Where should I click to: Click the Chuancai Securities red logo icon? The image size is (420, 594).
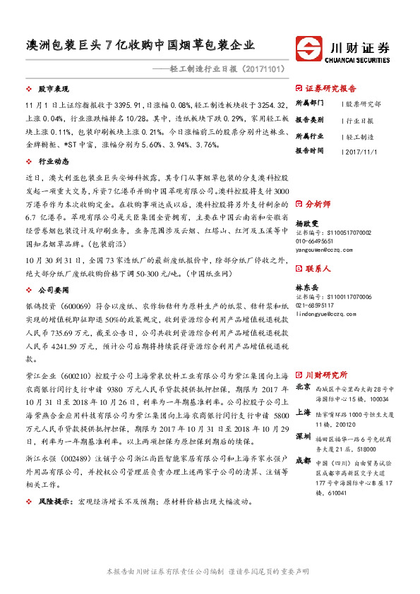pyautogui.click(x=308, y=49)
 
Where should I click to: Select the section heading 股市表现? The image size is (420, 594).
pyautogui.click(x=52, y=90)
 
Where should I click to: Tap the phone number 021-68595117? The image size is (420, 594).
pyautogui.click(x=316, y=305)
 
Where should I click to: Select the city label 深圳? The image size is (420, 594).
pyautogui.click(x=303, y=437)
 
